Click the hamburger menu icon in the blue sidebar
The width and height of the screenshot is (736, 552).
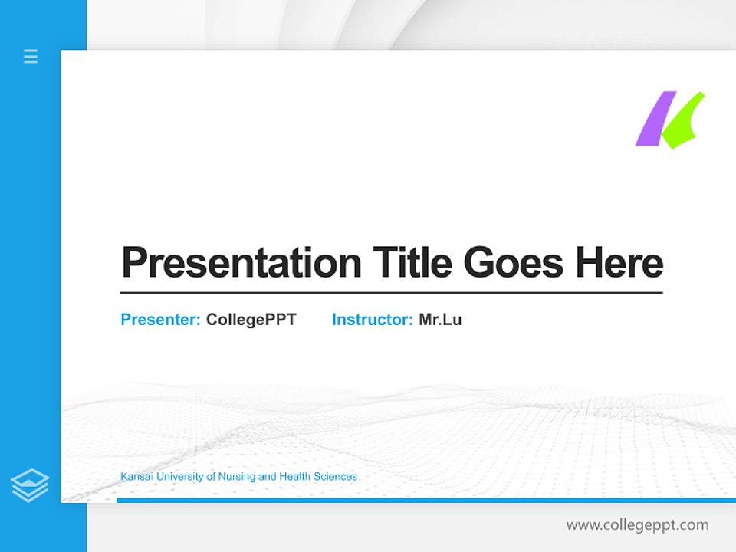coord(31,56)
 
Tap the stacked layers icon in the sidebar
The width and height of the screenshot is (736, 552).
coord(30,485)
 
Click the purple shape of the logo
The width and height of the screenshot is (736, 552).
coord(655,120)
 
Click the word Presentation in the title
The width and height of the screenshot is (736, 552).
coord(241,263)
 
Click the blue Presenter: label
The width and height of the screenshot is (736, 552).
coord(160,320)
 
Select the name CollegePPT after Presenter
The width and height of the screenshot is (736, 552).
coord(251,320)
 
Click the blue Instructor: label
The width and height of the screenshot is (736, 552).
coord(372,320)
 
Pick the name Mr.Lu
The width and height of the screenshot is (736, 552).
coord(440,320)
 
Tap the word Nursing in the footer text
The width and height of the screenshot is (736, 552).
coord(237,477)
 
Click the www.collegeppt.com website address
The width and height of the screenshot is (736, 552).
coord(637,525)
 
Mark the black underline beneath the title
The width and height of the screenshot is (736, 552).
coord(391,292)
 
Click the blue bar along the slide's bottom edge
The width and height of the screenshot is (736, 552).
coord(422,500)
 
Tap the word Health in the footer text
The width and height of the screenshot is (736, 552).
coord(294,477)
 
